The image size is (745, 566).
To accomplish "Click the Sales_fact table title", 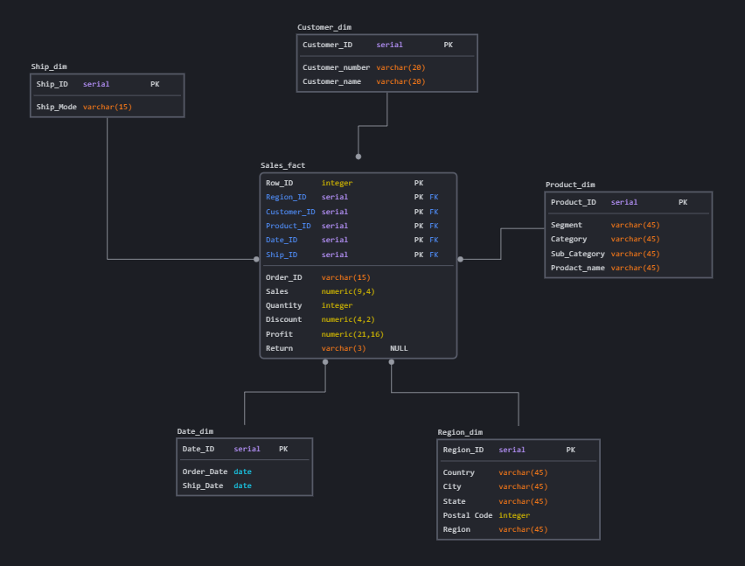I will click(x=282, y=165).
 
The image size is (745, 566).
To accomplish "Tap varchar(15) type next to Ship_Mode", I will click(x=107, y=108).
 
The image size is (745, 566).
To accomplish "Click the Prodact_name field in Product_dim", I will click(x=577, y=268).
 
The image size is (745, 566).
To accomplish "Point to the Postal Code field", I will click(x=468, y=515).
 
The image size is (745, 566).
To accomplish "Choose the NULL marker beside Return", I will click(x=399, y=348).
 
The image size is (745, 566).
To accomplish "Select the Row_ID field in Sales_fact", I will click(x=279, y=183).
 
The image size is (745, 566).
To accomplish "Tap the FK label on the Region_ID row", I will click(x=434, y=198).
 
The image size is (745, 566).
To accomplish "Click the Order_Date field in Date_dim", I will click(x=205, y=472).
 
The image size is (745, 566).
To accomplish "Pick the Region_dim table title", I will click(x=460, y=432).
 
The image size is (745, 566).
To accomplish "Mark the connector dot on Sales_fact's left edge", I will click(x=256, y=259).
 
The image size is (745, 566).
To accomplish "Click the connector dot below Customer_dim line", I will click(x=359, y=157).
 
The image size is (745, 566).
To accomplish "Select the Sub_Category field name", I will click(x=577, y=254).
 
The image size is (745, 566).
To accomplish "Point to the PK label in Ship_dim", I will click(x=155, y=84).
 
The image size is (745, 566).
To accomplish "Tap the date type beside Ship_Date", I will click(x=242, y=486).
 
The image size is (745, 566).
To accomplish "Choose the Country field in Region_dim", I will click(x=458, y=472).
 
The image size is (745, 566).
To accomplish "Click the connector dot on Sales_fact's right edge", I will click(x=461, y=259).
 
